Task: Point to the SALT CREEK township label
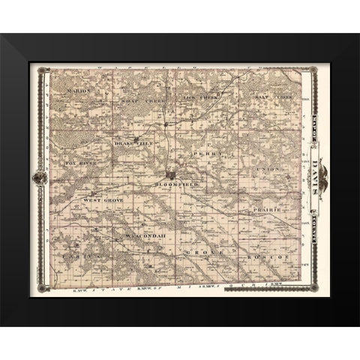pyautogui.click(x=267, y=98)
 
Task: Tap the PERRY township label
pyautogui.click(x=207, y=153)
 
